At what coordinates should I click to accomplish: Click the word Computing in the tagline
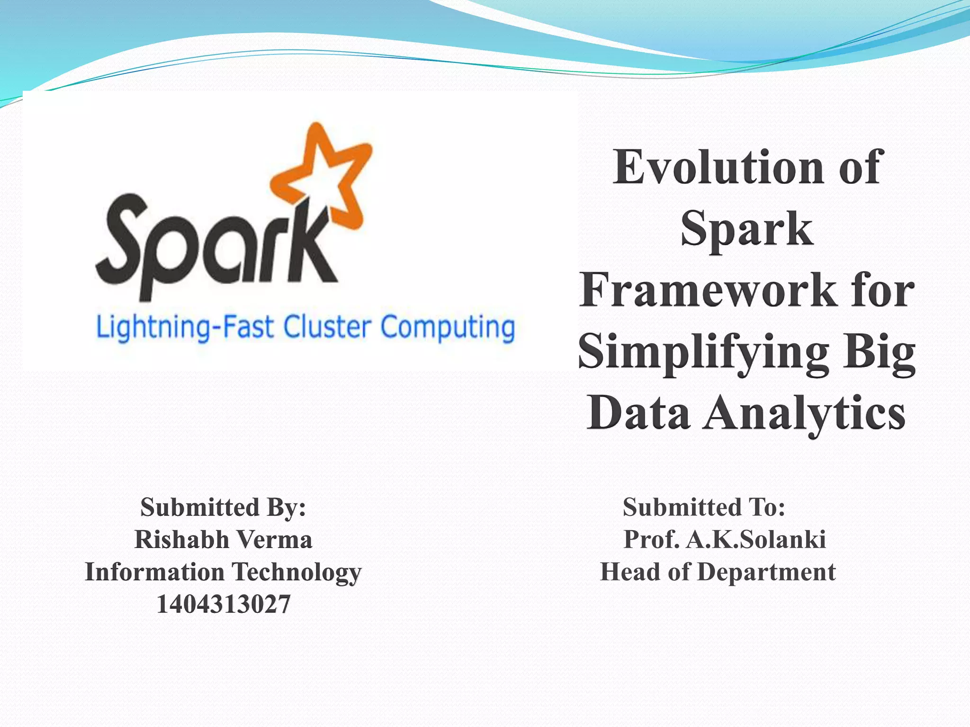pos(448,328)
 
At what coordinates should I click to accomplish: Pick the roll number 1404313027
pos(223,604)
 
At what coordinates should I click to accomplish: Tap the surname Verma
pos(274,540)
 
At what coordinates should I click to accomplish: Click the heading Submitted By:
pos(223,507)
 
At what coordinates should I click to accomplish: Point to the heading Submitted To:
pos(704,507)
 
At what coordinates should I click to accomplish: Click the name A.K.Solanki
pos(756,540)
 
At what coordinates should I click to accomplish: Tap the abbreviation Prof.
pos(651,540)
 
